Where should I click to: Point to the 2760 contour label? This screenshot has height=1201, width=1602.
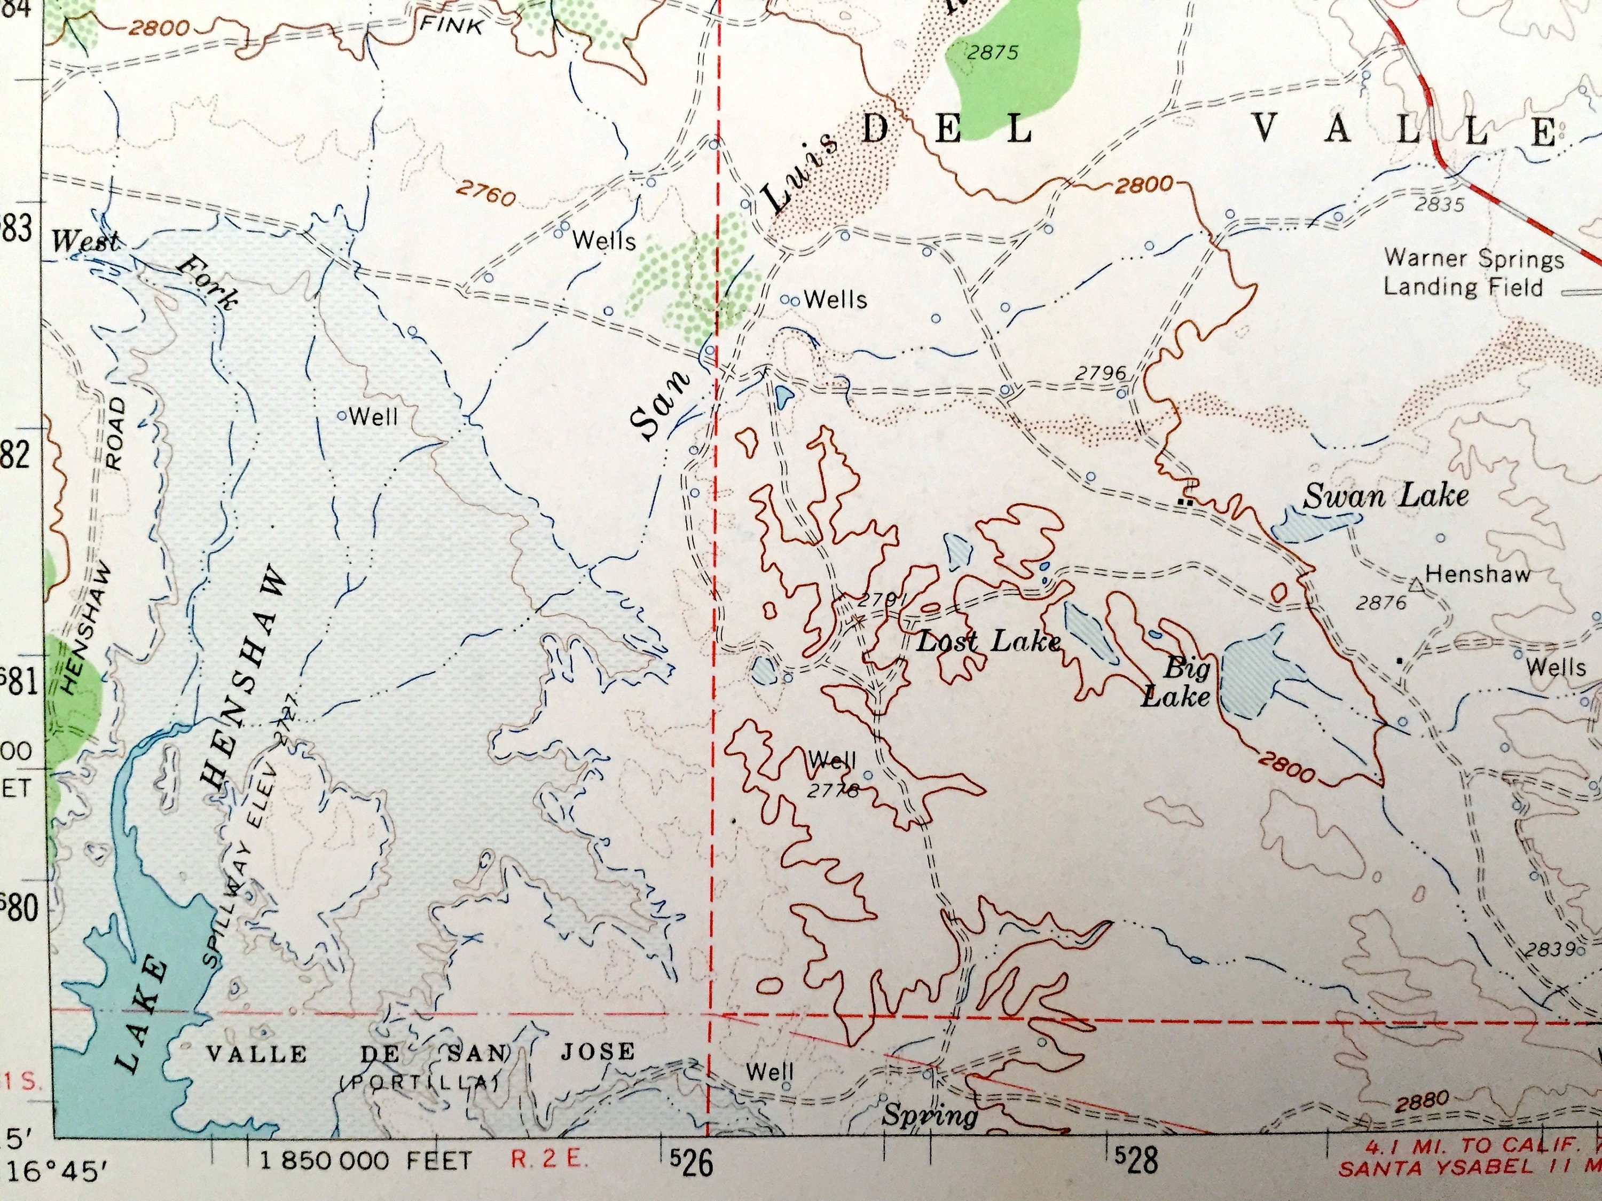(x=485, y=193)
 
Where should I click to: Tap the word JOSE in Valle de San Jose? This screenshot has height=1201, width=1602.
(x=598, y=1050)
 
